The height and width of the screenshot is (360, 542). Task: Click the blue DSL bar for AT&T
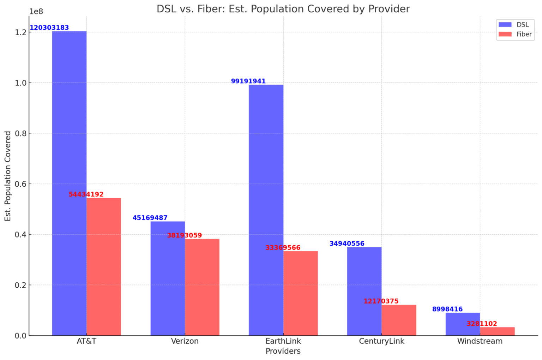(69, 183)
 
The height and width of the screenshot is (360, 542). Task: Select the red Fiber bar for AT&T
(104, 266)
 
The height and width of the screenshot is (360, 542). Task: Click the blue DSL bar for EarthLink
(266, 210)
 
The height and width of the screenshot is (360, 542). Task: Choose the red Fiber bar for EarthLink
(300, 293)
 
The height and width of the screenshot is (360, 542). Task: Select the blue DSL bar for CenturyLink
(364, 291)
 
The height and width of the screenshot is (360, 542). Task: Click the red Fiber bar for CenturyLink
(399, 320)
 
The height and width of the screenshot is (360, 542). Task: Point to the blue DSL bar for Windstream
(462, 324)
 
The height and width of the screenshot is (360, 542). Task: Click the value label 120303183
(49, 28)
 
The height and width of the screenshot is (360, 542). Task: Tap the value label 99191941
(248, 81)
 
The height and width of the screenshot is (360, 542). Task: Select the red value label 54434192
(86, 194)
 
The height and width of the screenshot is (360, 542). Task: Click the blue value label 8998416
(447, 309)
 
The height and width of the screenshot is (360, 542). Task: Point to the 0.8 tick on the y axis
(21, 133)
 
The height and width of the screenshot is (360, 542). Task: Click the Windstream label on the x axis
(480, 341)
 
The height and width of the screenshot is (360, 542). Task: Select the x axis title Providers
(283, 351)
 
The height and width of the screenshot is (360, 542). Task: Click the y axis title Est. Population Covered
(8, 176)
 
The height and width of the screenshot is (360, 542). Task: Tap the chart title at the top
(283, 8)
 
